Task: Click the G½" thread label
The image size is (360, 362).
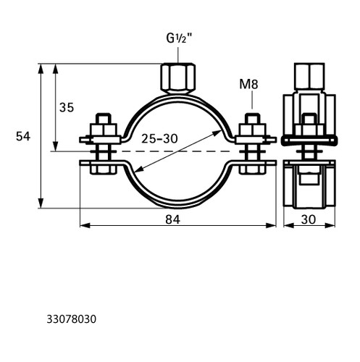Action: tap(179, 38)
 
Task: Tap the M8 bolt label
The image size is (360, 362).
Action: tap(248, 84)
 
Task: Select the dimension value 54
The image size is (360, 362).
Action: tap(23, 136)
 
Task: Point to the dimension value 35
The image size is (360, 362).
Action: tap(67, 107)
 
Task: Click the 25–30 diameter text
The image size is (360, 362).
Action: tap(159, 138)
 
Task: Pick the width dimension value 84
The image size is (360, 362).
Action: tap(173, 219)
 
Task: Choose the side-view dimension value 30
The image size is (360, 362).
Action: tap(309, 219)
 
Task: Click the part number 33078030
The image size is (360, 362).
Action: tap(72, 319)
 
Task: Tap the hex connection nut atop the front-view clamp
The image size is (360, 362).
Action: tap(178, 78)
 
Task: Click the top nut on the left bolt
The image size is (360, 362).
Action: tap(104, 130)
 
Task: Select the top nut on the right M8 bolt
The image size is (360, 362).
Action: tap(252, 130)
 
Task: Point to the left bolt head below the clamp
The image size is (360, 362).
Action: tap(104, 169)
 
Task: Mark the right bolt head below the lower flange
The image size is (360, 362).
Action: tap(252, 169)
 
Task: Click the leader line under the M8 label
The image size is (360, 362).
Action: tap(252, 100)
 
